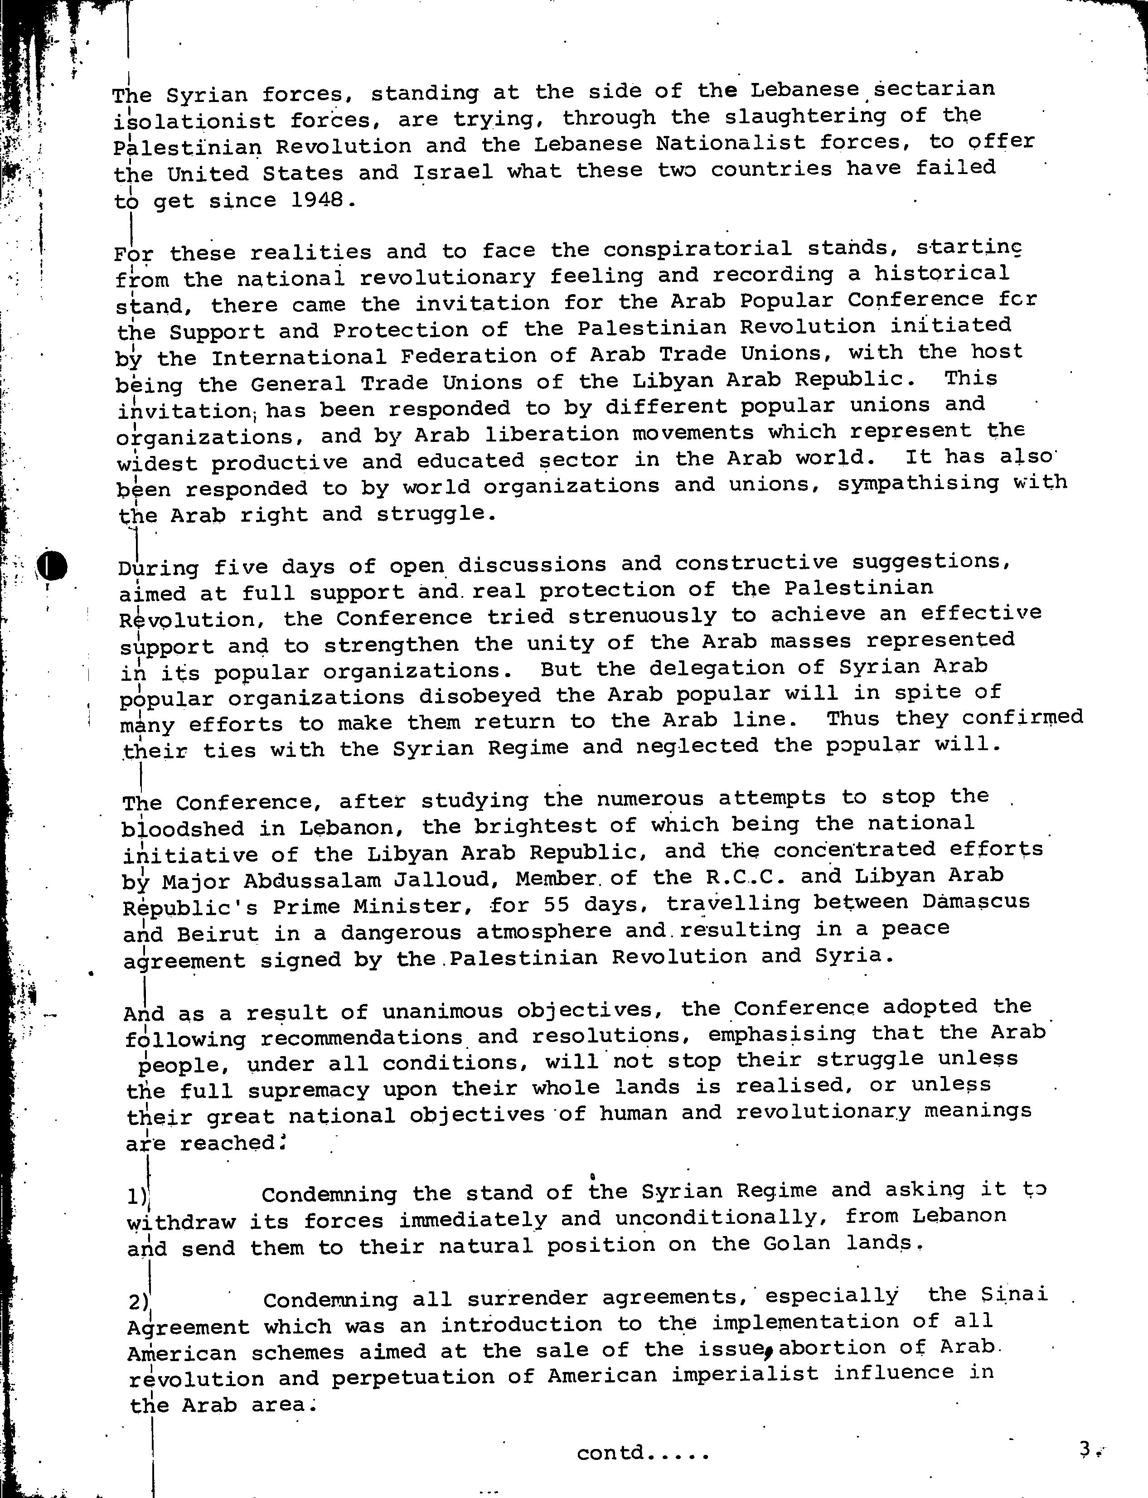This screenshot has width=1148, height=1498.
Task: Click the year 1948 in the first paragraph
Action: coord(317,201)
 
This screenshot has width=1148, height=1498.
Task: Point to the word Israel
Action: coord(452,171)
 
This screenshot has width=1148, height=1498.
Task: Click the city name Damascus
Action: coord(975,902)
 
